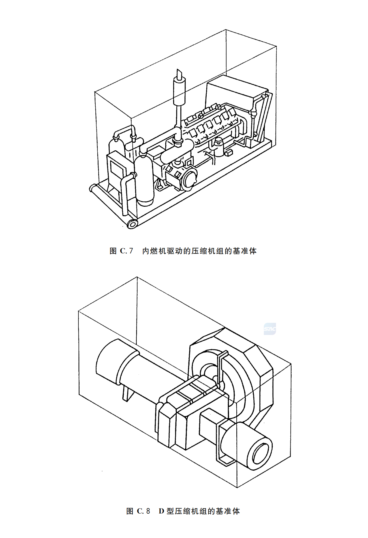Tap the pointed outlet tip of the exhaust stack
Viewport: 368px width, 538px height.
179,72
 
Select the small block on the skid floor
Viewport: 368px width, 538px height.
229,153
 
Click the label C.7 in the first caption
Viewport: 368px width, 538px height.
126,251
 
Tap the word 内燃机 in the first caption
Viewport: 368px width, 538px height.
154,251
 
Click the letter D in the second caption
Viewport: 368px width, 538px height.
161,511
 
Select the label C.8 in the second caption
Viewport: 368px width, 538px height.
144,511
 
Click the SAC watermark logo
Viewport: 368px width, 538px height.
270,329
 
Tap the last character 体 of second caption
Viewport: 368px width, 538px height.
236,511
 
